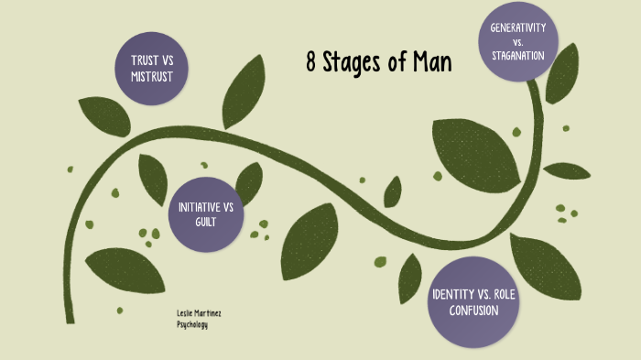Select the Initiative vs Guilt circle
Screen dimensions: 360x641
coord(206,213)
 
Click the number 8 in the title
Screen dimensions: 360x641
coord(311,63)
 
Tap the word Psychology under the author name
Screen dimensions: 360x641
coord(192,324)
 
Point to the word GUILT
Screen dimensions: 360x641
coord(206,222)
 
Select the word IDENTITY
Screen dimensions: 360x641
coord(452,294)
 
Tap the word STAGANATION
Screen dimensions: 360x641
coord(518,55)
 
